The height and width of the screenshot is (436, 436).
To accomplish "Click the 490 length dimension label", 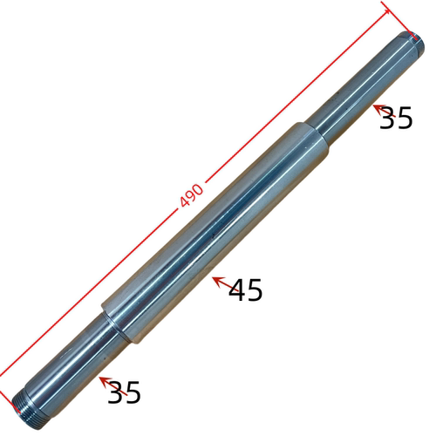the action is (x=192, y=195).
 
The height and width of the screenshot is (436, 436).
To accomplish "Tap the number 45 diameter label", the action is (x=246, y=290).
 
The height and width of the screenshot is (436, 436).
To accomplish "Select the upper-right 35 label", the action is (x=396, y=118).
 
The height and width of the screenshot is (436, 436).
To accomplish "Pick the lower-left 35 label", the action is (x=125, y=392).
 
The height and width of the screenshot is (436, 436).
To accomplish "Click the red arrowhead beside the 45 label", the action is (x=219, y=282).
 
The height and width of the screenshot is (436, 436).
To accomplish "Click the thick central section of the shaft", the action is (x=215, y=233).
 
